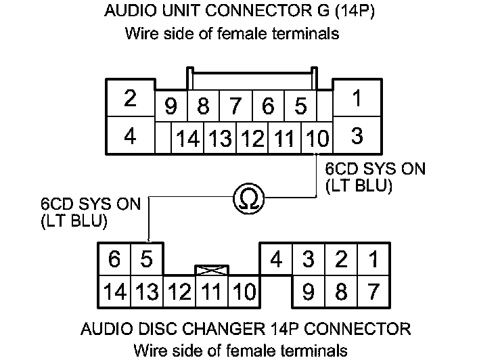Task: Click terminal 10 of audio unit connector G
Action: [x=317, y=139]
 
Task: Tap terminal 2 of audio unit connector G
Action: [x=131, y=99]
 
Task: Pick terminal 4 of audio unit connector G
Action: [x=131, y=136]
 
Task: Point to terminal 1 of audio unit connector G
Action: [x=357, y=99]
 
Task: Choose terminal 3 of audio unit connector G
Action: [x=357, y=136]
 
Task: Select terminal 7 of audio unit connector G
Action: [x=235, y=106]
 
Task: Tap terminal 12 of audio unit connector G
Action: [x=252, y=139]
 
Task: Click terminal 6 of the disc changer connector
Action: [x=115, y=259]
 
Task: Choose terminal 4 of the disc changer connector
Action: [x=276, y=259]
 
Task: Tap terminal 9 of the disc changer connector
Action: [x=309, y=292]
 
